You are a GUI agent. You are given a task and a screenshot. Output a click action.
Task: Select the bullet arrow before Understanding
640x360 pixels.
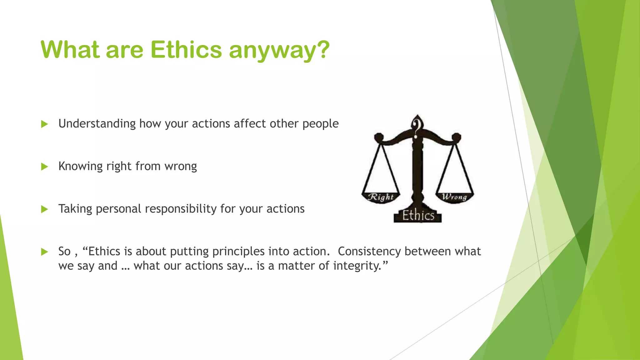pos(44,124)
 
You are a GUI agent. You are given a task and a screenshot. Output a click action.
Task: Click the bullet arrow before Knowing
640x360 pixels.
pos(44,167)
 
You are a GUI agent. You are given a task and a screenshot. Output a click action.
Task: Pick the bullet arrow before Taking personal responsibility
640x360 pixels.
pos(44,209)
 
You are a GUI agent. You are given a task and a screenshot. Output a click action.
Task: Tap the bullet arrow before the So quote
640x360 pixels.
pos(44,252)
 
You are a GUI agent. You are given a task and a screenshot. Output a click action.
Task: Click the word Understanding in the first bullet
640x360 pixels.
pos(97,124)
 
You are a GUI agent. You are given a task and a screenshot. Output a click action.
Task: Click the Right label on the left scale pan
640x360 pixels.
pos(380,197)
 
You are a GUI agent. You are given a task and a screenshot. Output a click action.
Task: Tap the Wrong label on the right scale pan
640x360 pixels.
pos(454,197)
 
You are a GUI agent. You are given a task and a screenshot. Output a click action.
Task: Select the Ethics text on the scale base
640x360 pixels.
pos(418,216)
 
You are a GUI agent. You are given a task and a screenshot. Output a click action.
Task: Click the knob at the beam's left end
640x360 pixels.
pos(379,137)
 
